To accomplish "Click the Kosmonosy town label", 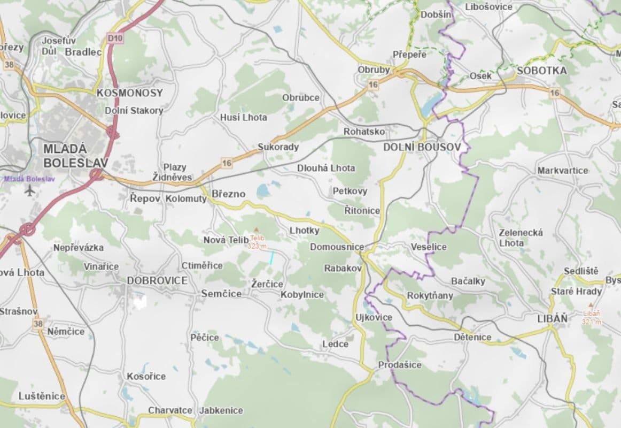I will click(129, 93).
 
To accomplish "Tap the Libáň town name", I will click(552, 318).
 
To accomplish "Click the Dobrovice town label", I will click(157, 281).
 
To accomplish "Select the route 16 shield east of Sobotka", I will click(555, 93).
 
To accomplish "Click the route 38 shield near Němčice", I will click(37, 324).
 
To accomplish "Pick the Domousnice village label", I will click(337, 247).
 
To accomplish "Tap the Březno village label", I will click(228, 194).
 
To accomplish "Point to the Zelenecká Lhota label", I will click(521, 238).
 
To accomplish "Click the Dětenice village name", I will click(472, 337).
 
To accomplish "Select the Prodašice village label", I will click(400, 365).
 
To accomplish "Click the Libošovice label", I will click(488, 7).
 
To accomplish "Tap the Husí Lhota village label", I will click(243, 117).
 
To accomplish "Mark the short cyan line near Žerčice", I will click(271, 258).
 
